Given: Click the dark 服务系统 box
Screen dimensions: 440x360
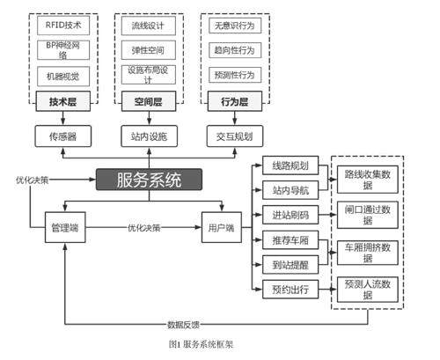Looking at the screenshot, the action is click(x=149, y=180).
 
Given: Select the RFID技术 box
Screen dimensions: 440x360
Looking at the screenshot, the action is click(x=63, y=26).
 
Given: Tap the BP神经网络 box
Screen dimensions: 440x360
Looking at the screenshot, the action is click(x=63, y=50).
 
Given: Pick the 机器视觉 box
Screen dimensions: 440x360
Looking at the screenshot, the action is click(x=63, y=77).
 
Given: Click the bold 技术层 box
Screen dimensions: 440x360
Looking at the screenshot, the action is click(x=63, y=101).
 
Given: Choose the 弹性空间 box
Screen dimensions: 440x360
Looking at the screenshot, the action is click(x=149, y=50).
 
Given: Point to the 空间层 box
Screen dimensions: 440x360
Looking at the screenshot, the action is click(x=149, y=101).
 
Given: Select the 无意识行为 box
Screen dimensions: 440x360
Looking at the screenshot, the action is click(x=235, y=26).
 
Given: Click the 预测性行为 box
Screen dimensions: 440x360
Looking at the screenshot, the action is click(x=235, y=75).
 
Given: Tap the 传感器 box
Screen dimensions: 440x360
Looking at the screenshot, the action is click(x=63, y=136).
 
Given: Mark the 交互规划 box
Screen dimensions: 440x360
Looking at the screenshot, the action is click(x=235, y=136).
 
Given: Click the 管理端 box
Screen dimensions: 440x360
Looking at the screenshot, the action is click(x=65, y=227).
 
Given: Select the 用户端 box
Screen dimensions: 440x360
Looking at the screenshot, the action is click(x=222, y=227).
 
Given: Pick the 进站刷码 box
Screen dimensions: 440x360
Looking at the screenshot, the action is click(x=290, y=215).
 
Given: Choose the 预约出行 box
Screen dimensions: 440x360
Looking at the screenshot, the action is click(x=290, y=290).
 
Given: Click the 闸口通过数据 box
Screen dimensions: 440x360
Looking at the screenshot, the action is click(x=368, y=215).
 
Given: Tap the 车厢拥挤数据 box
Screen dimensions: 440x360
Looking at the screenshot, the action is click(x=368, y=253).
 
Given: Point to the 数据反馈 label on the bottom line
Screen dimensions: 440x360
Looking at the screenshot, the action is click(x=183, y=325).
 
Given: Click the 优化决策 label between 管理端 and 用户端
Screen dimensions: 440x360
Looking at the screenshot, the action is click(x=143, y=228).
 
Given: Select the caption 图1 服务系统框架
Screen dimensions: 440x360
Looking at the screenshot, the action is click(x=201, y=344).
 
